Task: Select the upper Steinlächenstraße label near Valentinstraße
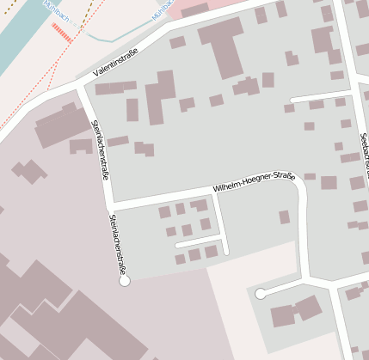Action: click(100, 148)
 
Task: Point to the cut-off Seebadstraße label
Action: click(364, 155)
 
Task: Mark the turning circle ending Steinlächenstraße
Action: click(124, 280)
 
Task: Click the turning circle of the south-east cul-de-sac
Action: click(260, 294)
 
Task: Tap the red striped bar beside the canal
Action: click(61, 33)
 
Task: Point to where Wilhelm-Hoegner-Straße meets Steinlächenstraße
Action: click(110, 207)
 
